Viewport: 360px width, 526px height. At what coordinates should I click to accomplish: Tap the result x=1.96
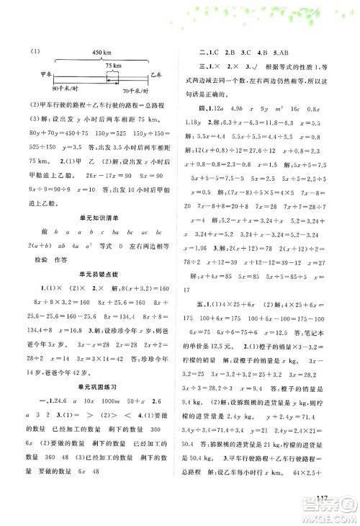[194, 248]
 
